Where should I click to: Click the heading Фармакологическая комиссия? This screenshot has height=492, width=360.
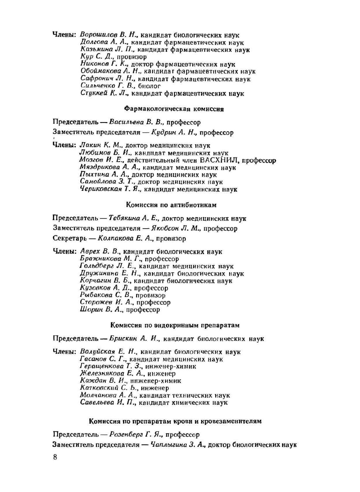pyautogui.click(x=174, y=109)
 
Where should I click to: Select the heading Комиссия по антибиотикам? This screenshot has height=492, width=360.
pyautogui.click(x=171, y=205)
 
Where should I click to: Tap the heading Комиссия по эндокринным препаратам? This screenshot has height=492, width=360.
pyautogui.click(x=175, y=325)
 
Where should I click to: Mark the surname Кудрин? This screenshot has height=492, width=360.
pyautogui.click(x=164, y=133)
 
